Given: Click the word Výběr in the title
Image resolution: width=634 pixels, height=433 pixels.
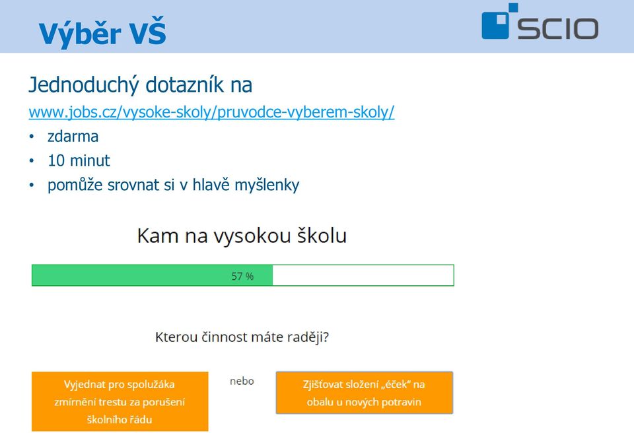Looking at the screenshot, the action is (x=80, y=33).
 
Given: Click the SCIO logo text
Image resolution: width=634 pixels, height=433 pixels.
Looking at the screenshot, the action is (x=558, y=28).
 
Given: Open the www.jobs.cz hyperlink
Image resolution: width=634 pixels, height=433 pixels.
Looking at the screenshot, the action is (x=211, y=112).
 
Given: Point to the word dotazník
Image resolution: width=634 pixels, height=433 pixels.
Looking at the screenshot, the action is (x=184, y=84).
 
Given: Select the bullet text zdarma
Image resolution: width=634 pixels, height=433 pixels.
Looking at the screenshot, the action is (x=73, y=137).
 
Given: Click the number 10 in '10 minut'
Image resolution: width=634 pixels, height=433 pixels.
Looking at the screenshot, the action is (x=56, y=161).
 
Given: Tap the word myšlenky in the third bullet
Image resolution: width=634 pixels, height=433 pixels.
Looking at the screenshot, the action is (x=267, y=185).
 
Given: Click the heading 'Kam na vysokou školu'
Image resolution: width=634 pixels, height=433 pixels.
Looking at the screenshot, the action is (x=242, y=236).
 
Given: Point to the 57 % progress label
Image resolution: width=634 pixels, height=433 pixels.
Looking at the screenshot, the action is (x=242, y=277).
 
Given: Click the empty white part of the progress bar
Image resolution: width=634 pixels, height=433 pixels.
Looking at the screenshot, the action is (x=363, y=275).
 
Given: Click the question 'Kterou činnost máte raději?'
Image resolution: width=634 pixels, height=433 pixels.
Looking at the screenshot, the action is (x=242, y=337).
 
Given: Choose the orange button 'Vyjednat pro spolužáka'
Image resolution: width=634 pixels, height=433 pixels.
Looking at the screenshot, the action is (x=120, y=401).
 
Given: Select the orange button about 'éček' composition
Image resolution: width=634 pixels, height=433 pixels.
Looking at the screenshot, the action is (x=365, y=393).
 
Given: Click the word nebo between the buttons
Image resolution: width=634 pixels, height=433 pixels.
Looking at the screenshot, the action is (x=242, y=382).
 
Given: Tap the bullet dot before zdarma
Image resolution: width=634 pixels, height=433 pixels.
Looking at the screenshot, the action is (x=32, y=137).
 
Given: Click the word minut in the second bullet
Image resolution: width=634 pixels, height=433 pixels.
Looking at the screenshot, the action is (x=90, y=161).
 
